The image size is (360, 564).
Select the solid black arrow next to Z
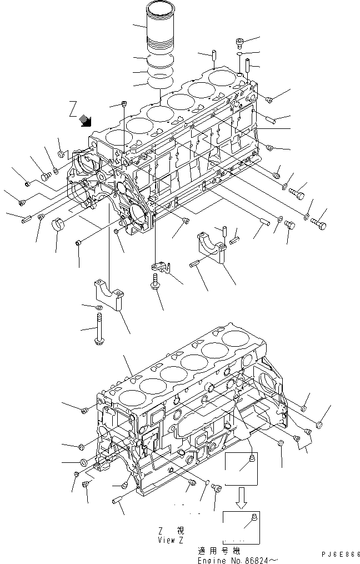click(86, 119)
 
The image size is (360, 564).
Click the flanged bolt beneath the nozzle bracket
click(154, 286)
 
